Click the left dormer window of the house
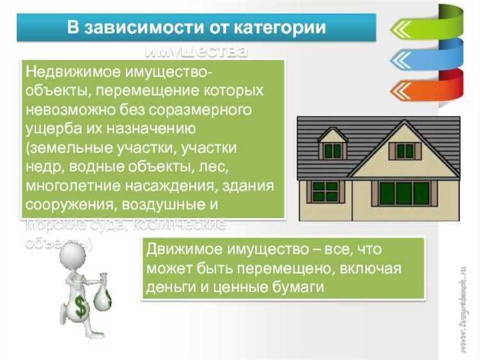coord(332,151)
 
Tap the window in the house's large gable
coord(404,151)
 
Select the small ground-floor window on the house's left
coord(325,191)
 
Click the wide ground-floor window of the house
coord(404,193)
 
